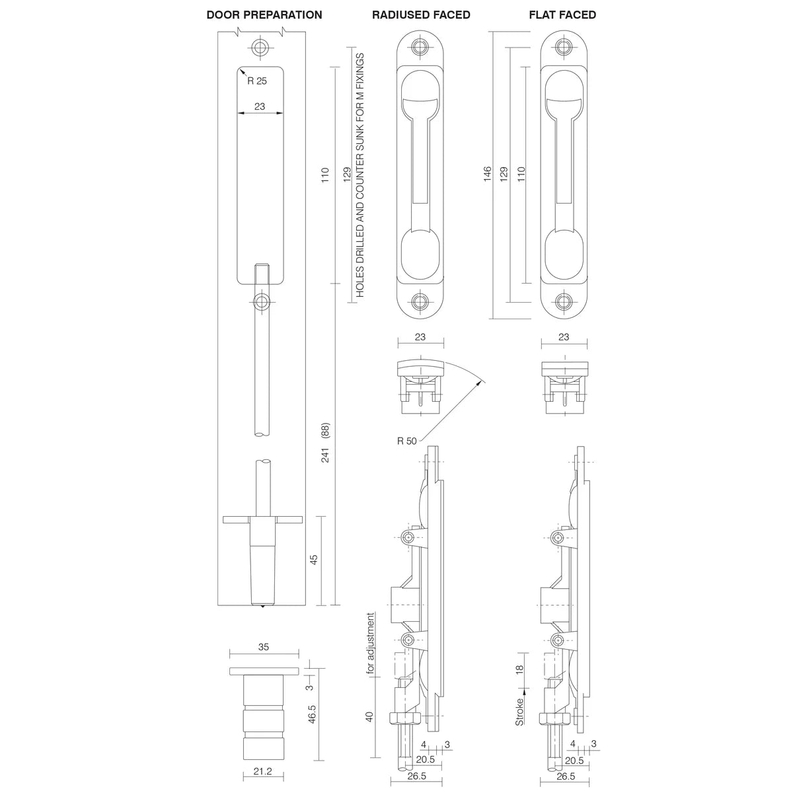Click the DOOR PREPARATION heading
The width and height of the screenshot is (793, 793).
coord(264,15)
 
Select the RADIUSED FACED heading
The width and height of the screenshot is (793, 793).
coord(421,15)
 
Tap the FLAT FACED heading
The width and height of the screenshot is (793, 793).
coord(562,15)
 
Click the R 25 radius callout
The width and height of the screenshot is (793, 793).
coord(257,81)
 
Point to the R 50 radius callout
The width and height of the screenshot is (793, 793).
coord(407,441)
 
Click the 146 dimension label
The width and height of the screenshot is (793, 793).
coord(487,174)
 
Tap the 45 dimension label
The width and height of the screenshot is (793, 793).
coord(315,558)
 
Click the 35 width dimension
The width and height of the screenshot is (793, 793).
coord(263,648)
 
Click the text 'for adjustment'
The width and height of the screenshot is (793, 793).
coord(371,644)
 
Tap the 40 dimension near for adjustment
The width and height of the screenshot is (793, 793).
coord(371,716)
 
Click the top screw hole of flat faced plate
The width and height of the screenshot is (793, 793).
coord(564,47)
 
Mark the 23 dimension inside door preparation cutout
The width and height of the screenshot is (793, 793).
coord(260,106)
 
